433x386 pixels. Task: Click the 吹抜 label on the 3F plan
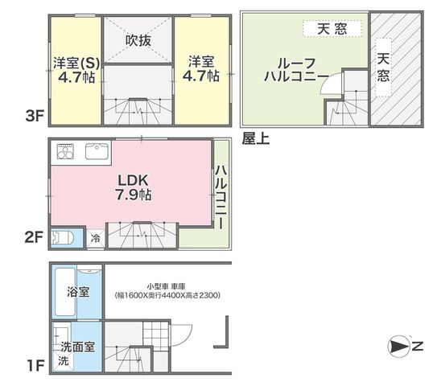(138, 41)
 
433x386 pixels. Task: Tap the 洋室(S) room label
(76, 63)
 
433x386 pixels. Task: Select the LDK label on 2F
(133, 180)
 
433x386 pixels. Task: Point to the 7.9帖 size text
(133, 195)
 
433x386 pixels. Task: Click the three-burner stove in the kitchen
(65, 151)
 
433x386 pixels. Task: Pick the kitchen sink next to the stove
(97, 151)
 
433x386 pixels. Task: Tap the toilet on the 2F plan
(63, 238)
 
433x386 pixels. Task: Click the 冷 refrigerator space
(96, 238)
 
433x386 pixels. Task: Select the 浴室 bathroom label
(78, 292)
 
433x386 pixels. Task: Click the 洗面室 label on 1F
(77, 347)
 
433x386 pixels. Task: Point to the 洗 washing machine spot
(64, 360)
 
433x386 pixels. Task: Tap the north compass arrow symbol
(398, 347)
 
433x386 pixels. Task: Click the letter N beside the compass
(418, 346)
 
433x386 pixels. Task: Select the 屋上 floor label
(256, 139)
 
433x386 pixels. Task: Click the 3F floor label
(35, 116)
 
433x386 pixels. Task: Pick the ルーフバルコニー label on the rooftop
(297, 70)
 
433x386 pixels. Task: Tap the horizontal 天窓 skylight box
(332, 29)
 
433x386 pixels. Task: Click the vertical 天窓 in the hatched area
(384, 68)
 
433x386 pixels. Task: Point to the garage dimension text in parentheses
(167, 296)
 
